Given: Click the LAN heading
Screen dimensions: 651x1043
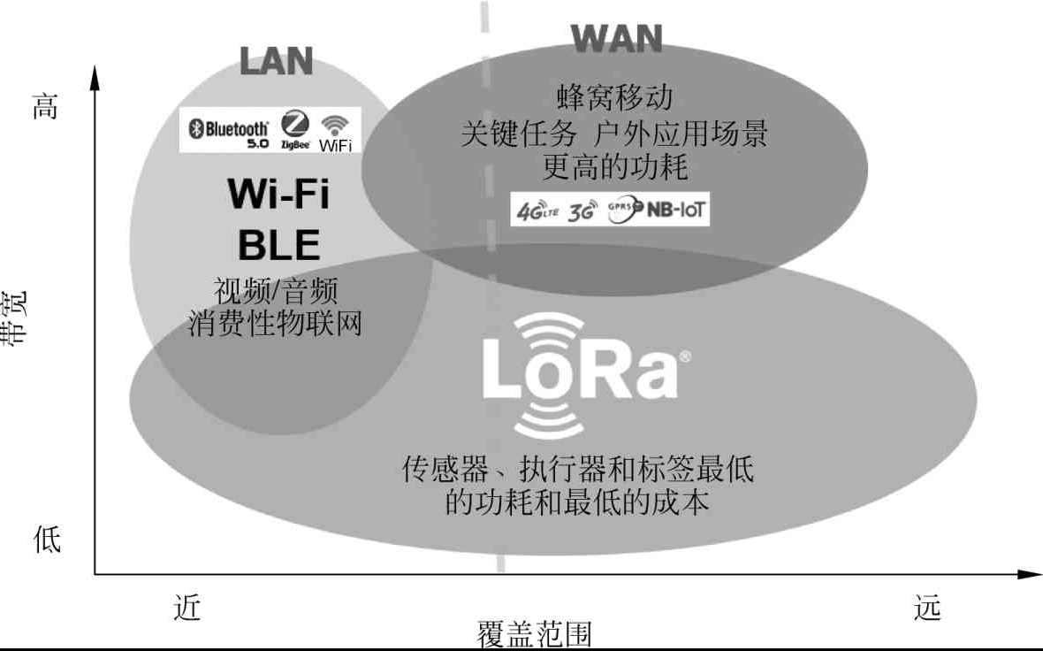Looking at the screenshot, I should click(x=277, y=61).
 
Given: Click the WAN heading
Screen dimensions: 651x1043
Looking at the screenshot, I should click(x=616, y=38).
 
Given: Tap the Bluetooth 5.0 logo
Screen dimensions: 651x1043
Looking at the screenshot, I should click(x=227, y=131).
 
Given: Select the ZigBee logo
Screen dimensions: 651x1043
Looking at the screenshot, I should click(x=294, y=130).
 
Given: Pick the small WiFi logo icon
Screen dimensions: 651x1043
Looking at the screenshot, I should click(x=334, y=131).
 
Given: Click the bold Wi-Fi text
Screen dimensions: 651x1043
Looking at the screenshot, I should click(x=278, y=194).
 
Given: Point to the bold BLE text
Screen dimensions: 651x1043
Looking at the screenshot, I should click(x=278, y=244).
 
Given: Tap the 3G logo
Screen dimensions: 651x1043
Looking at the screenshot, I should click(x=582, y=211).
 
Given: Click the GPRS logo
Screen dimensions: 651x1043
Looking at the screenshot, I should click(x=621, y=211).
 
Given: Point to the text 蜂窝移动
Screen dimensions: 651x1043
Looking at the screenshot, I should click(x=615, y=96).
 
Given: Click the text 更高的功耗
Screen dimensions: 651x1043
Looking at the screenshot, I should click(x=615, y=165).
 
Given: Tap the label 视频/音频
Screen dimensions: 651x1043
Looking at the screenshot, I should click(x=276, y=290).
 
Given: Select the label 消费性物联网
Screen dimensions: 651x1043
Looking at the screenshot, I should click(x=276, y=323).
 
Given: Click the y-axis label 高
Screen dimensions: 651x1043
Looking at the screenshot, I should click(x=46, y=108).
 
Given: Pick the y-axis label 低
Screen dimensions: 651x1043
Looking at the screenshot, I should click(x=47, y=538).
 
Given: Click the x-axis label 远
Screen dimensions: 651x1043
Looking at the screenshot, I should click(x=927, y=608).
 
